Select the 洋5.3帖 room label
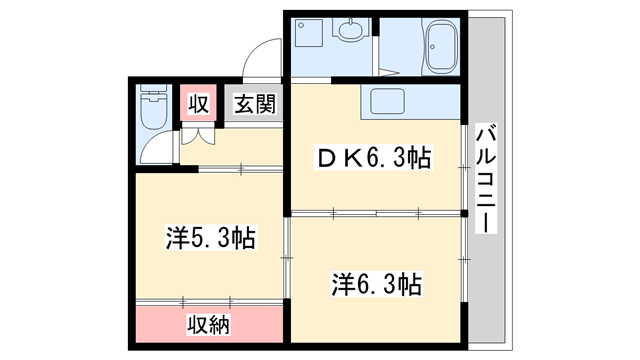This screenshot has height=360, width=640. pyautogui.click(x=210, y=237)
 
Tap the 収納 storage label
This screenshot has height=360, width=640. pyautogui.click(x=210, y=324)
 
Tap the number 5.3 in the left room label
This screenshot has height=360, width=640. pyautogui.click(x=213, y=237)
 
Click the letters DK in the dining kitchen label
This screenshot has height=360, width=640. pyautogui.click(x=335, y=157)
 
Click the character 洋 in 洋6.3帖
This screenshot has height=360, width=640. pyautogui.click(x=341, y=283)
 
